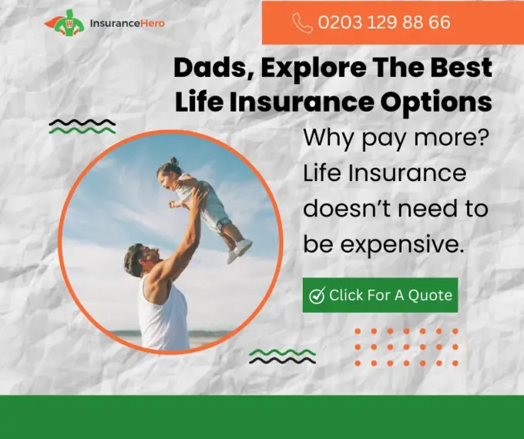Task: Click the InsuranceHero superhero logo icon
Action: (x=65, y=22)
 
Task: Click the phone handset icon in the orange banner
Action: (x=302, y=22)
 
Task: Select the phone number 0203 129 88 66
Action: (x=385, y=22)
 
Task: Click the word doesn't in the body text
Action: (x=348, y=208)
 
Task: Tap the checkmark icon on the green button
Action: (x=317, y=295)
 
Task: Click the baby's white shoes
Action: (x=240, y=250)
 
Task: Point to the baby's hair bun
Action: (x=173, y=161)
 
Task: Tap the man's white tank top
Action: (x=163, y=316)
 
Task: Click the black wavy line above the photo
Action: (x=82, y=122)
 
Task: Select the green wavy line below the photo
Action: (x=282, y=352)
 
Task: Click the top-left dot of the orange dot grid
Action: (x=358, y=331)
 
